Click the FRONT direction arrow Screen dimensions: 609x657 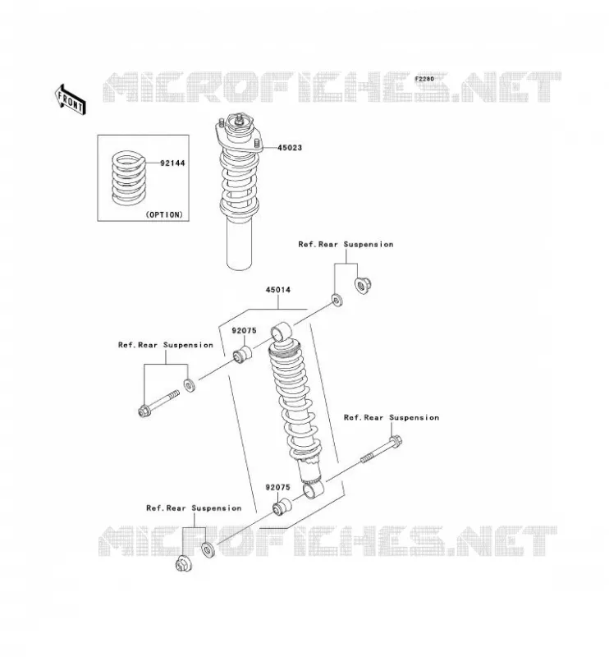click(71, 99)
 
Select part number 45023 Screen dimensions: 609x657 click(289, 148)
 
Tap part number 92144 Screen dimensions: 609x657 click(172, 163)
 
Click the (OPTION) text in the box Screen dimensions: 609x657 click(164, 214)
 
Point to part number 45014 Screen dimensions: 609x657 click(277, 290)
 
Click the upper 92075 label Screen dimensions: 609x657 click(245, 331)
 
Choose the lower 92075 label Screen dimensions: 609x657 click(277, 487)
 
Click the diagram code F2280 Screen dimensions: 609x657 click(424, 79)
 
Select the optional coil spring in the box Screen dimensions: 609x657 click(129, 178)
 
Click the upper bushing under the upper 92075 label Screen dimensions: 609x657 click(242, 355)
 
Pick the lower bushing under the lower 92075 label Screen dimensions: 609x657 click(282, 507)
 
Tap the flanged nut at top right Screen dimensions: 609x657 click(363, 286)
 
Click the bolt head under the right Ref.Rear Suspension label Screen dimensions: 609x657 click(395, 441)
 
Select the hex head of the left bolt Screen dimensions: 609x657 click(144, 411)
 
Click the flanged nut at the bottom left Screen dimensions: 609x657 click(184, 563)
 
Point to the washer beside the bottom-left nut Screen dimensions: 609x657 click(208, 549)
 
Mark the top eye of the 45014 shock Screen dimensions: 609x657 click(280, 332)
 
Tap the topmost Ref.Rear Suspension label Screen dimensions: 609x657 click(346, 244)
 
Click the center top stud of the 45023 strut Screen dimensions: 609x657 click(240, 119)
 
